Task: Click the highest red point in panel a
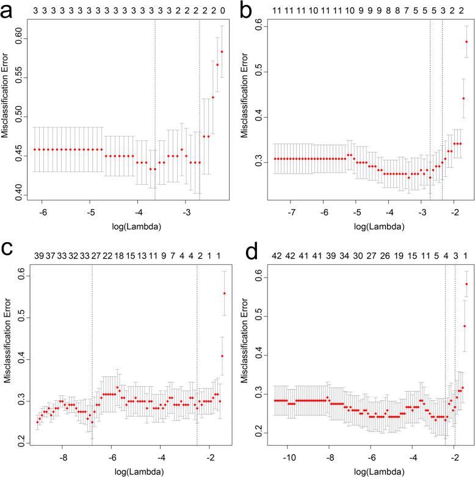[222, 52]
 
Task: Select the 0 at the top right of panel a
[222, 10]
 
